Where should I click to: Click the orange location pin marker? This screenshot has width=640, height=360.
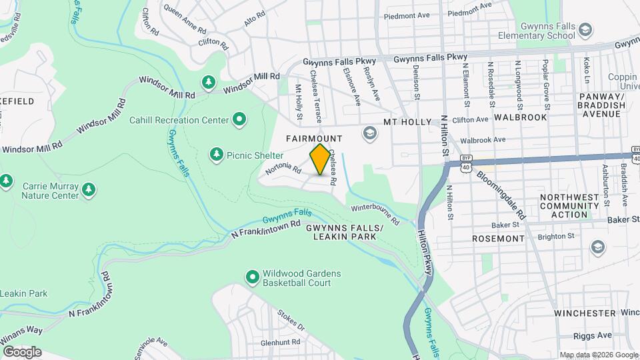[321, 159]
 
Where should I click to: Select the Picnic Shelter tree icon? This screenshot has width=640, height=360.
[216, 155]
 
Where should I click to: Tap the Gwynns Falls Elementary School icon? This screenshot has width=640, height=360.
[585, 30]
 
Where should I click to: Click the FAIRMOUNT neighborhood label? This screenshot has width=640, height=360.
[314, 139]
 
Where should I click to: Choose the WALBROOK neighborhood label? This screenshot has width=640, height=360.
[521, 117]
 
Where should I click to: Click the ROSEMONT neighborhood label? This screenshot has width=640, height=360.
[498, 238]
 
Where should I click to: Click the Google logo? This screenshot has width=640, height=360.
[22, 351]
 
